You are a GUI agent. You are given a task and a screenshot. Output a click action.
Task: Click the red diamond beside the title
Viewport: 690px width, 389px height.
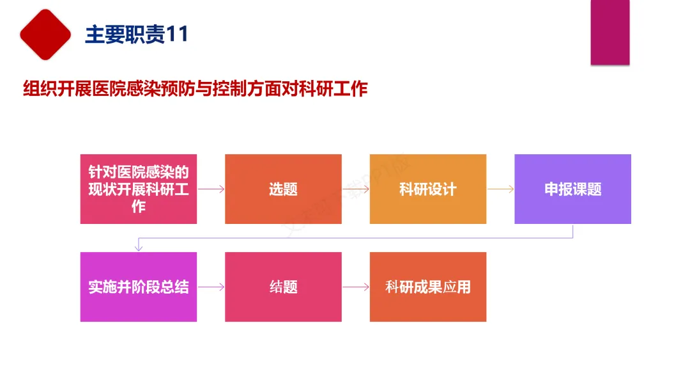pos(45,35)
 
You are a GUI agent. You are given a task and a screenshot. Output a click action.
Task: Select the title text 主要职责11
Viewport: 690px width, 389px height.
pos(137,35)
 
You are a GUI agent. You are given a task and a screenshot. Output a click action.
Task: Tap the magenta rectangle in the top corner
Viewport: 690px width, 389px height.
pos(610,32)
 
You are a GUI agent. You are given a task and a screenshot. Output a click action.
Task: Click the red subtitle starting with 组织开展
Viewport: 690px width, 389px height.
pos(195,88)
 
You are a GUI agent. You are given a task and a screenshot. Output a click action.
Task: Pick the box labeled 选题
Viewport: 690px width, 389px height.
pos(284,189)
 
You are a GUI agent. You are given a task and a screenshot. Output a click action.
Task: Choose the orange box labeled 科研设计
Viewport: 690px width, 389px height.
pos(428,189)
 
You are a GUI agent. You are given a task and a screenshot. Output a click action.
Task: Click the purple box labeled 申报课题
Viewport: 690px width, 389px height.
pos(573,189)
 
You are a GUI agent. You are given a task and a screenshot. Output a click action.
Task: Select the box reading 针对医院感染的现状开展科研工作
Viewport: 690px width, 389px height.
pos(139,189)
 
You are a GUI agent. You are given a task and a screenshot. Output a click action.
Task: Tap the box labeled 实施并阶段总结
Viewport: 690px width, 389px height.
pos(139,287)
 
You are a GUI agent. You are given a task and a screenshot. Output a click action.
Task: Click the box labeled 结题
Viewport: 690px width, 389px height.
pos(284,287)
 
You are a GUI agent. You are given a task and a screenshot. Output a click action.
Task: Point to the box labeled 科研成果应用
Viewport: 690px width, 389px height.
pos(428,287)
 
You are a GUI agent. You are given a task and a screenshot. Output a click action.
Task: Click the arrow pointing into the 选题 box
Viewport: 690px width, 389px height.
pos(211,189)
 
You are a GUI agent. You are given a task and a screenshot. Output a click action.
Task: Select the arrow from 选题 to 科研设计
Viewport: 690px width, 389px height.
pos(356,189)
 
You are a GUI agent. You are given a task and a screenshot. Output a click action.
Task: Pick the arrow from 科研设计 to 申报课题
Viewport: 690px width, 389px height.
pos(501,189)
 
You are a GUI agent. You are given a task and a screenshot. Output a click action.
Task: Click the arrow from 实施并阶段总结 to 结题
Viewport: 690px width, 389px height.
pos(211,287)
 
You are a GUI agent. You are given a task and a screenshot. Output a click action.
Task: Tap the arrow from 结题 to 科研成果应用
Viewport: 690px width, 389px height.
pos(356,287)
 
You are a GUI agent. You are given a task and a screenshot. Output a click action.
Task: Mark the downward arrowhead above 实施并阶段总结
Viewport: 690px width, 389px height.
pos(139,248)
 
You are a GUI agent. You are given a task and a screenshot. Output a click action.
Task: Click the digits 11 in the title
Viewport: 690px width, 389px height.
pos(178,35)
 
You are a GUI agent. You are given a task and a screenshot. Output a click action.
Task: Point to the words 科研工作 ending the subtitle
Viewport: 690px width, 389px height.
pos(333,88)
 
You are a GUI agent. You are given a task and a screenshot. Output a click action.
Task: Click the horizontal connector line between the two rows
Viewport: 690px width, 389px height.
pos(356,238)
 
